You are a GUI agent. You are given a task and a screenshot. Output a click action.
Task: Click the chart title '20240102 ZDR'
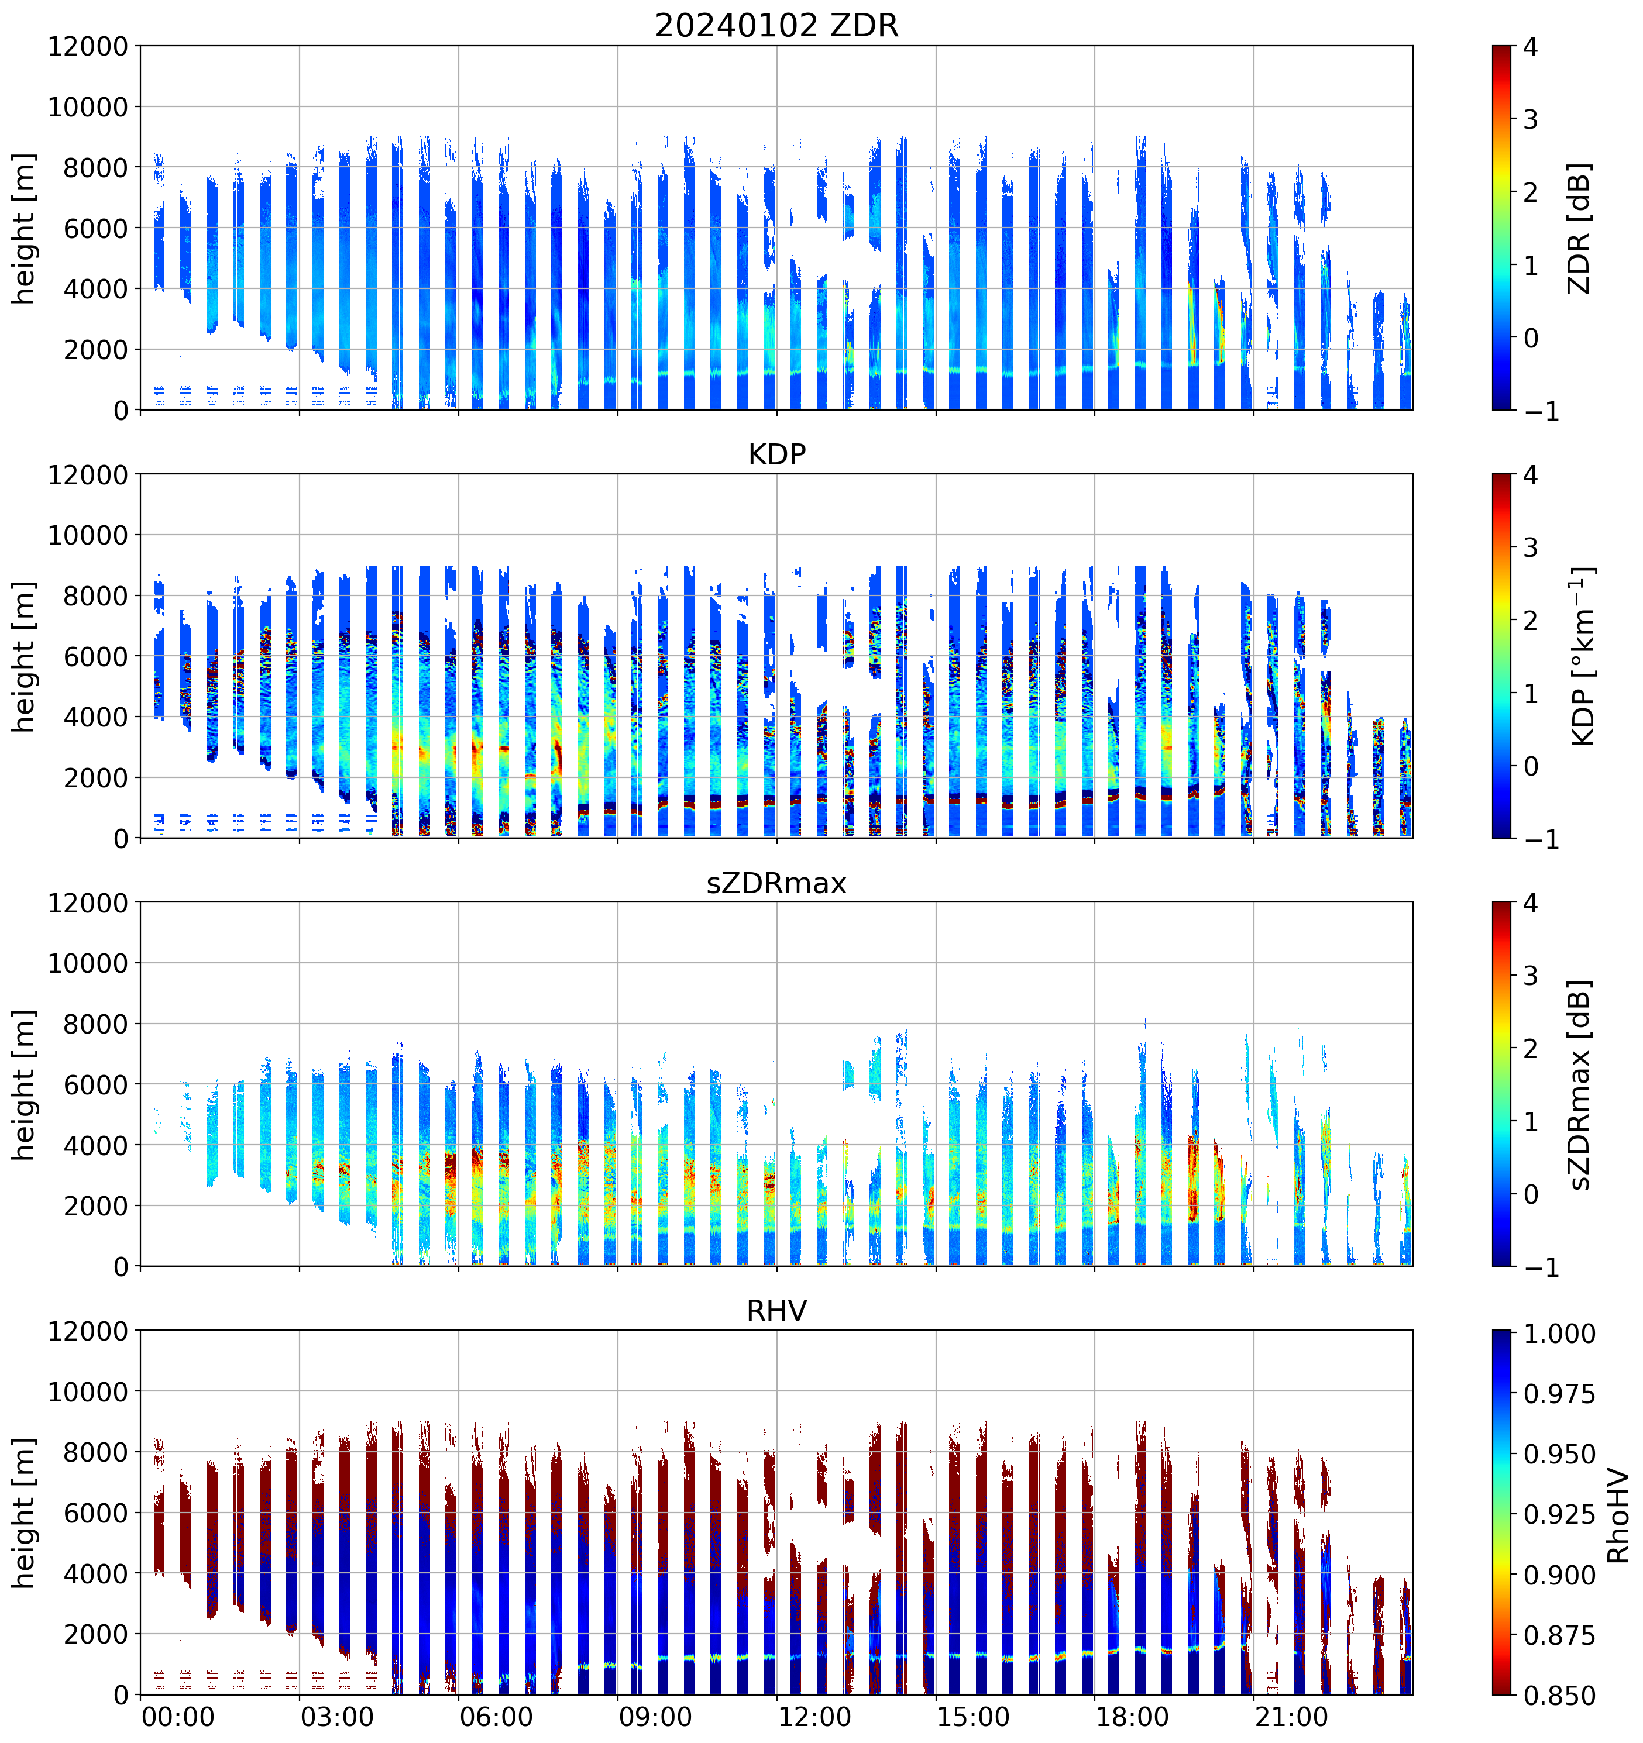(776, 25)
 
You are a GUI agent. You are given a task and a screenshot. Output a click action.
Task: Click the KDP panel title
(776, 454)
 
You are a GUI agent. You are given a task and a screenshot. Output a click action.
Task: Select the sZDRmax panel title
(776, 883)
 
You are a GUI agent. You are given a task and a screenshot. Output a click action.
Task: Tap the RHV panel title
(776, 1311)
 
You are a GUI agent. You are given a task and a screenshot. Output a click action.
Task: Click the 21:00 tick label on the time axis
(1291, 1716)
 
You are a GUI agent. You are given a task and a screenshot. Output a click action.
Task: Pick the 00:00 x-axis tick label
(178, 1716)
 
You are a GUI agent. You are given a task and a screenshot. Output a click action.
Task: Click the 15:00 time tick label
(973, 1716)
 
